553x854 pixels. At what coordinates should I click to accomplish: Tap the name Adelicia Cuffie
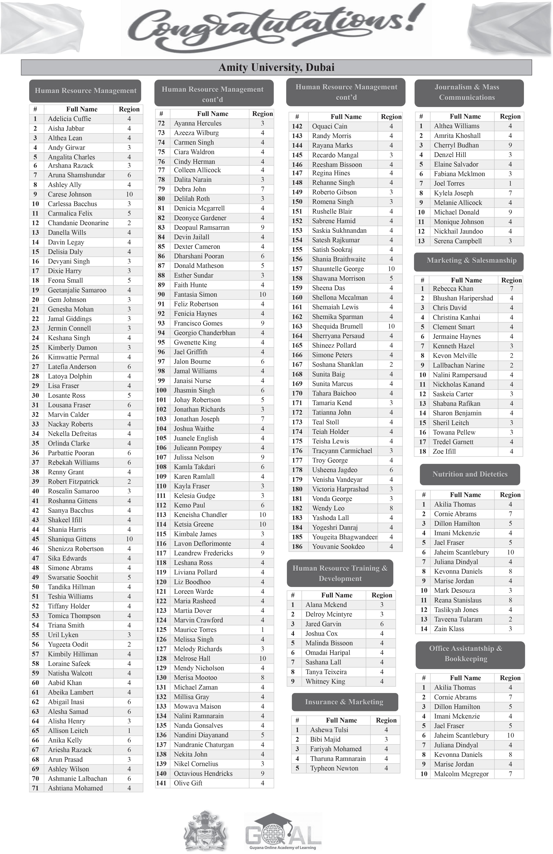click(x=69, y=119)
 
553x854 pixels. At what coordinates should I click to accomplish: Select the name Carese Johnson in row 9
click(x=70, y=194)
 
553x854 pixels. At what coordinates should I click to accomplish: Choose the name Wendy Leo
click(x=328, y=508)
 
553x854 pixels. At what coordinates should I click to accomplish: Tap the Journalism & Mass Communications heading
click(x=467, y=92)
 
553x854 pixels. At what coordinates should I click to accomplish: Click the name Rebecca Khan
click(x=453, y=288)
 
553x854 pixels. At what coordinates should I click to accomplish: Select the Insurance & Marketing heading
click(x=344, y=702)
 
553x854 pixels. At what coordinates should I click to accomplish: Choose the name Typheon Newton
click(x=334, y=768)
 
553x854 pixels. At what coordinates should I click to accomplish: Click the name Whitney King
click(x=325, y=681)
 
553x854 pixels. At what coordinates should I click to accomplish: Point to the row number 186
click(x=297, y=546)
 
